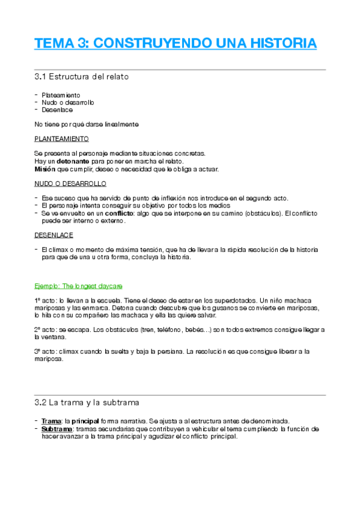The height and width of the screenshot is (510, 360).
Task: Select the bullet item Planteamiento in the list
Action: [61, 95]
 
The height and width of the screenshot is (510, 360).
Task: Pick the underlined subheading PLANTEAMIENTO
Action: [62, 139]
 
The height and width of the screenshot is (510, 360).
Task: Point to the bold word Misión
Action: [45, 169]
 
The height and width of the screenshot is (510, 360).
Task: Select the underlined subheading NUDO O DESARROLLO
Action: [71, 183]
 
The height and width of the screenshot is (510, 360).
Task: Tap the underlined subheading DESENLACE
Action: [54, 235]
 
